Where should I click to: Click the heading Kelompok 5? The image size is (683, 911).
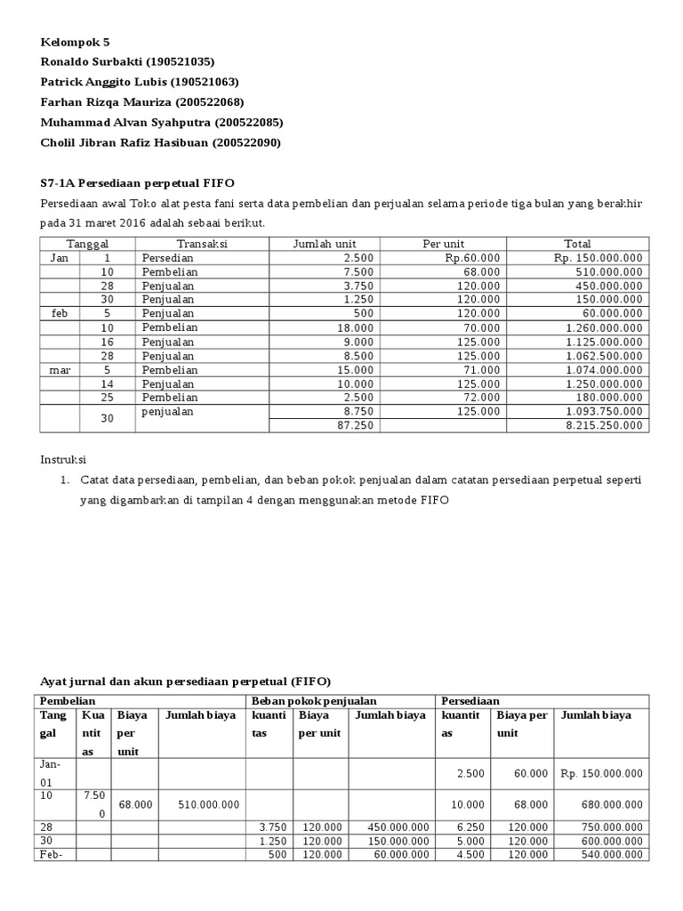76,42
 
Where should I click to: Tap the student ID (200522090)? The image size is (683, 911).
243,142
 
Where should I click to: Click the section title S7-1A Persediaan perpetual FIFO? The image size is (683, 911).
138,183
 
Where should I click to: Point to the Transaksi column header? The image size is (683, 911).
202,244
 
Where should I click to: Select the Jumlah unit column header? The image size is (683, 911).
325,244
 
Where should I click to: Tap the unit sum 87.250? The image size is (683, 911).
357,425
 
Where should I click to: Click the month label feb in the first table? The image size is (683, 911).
60,314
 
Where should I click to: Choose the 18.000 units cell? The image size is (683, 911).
357,327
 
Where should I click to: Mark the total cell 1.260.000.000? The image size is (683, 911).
603,327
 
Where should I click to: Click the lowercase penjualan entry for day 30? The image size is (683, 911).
167,412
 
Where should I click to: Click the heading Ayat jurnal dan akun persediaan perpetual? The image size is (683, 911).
185,681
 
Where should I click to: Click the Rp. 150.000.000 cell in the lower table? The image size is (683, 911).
601,772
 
